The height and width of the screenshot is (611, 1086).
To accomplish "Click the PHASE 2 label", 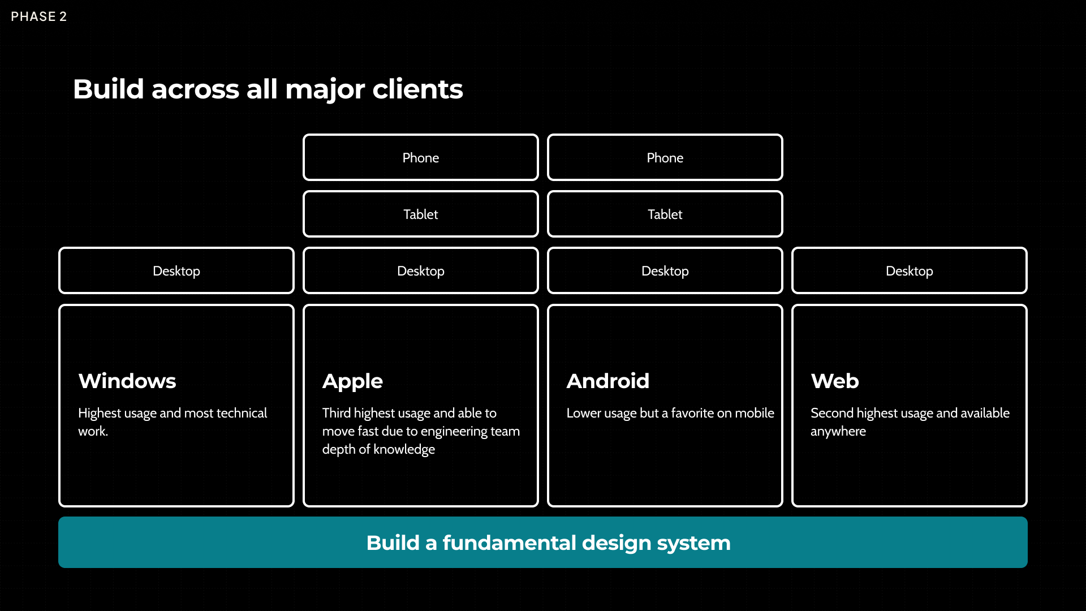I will (x=38, y=16).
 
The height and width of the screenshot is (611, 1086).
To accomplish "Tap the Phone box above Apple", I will (x=420, y=158).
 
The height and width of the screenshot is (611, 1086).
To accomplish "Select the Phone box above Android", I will (x=665, y=158).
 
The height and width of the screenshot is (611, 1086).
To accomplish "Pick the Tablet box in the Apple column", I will (x=420, y=214).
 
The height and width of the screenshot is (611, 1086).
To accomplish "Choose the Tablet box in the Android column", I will (x=665, y=214).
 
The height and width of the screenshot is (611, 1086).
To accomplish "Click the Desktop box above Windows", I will (x=176, y=271).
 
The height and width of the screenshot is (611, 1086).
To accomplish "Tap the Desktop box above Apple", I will (x=420, y=271).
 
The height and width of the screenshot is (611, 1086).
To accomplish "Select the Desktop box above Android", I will (x=665, y=271).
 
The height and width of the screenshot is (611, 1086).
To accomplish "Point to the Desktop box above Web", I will (x=909, y=271).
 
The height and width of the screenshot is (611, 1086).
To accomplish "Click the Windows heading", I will (x=127, y=381).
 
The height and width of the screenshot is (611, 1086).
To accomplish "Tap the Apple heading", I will (x=352, y=381).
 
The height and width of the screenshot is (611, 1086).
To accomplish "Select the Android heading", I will (x=608, y=381).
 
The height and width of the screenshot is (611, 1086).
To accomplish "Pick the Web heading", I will (x=835, y=381).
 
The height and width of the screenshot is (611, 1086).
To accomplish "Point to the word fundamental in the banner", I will (x=509, y=543).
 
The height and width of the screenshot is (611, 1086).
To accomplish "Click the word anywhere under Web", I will (x=838, y=432).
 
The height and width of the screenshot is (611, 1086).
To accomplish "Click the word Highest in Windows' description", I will (x=100, y=414).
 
